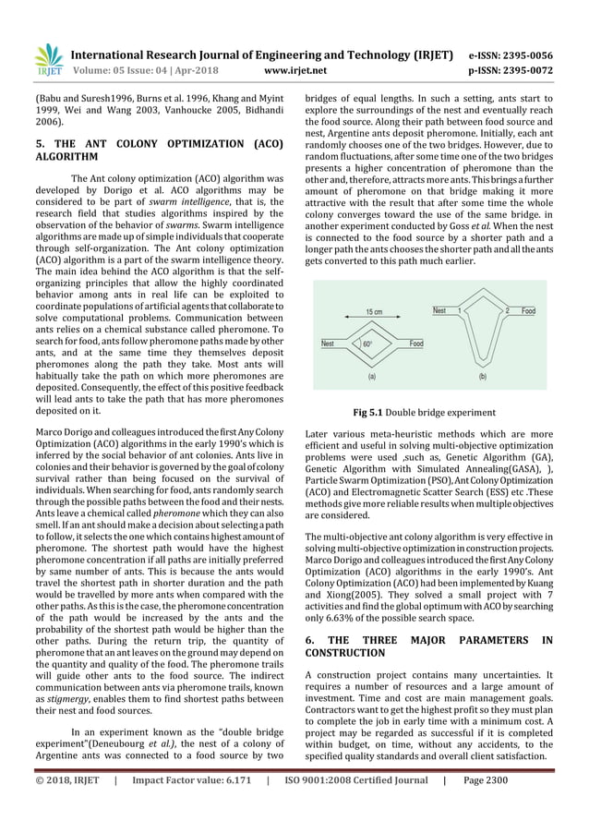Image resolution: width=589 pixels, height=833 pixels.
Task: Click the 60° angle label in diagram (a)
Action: tap(367, 343)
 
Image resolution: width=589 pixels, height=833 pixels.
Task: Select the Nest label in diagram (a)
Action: tap(327, 343)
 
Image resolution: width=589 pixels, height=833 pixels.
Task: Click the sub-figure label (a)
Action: tap(371, 377)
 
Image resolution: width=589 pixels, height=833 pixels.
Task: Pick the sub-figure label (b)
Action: tap(482, 377)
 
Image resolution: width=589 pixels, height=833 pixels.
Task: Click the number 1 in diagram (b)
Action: tap(460, 311)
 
